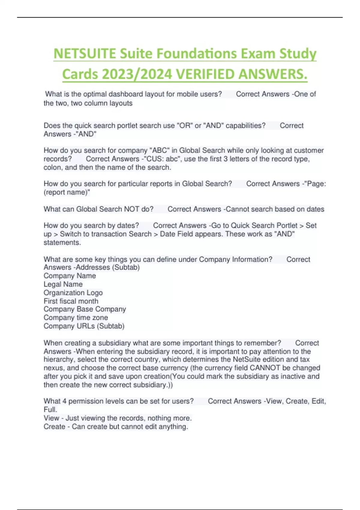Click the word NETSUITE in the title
tap(85, 54)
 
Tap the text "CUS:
tap(154, 159)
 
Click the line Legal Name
tap(63, 284)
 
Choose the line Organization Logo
tap(73, 292)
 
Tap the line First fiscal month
tap(71, 301)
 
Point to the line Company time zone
tap(76, 318)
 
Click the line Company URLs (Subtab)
tap(84, 326)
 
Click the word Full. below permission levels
tap(50, 409)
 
